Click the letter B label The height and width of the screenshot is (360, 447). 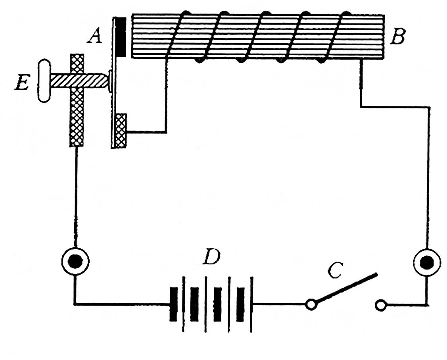pyautogui.click(x=398, y=37)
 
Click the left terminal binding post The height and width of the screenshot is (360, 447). pyautogui.click(x=75, y=261)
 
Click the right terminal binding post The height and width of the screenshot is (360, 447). pyautogui.click(x=427, y=262)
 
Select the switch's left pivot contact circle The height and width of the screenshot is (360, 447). pyautogui.click(x=311, y=305)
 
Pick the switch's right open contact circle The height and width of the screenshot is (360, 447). pyautogui.click(x=380, y=306)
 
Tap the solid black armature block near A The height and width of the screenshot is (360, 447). pyautogui.click(x=121, y=37)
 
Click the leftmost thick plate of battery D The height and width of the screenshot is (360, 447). pyautogui.click(x=173, y=304)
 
